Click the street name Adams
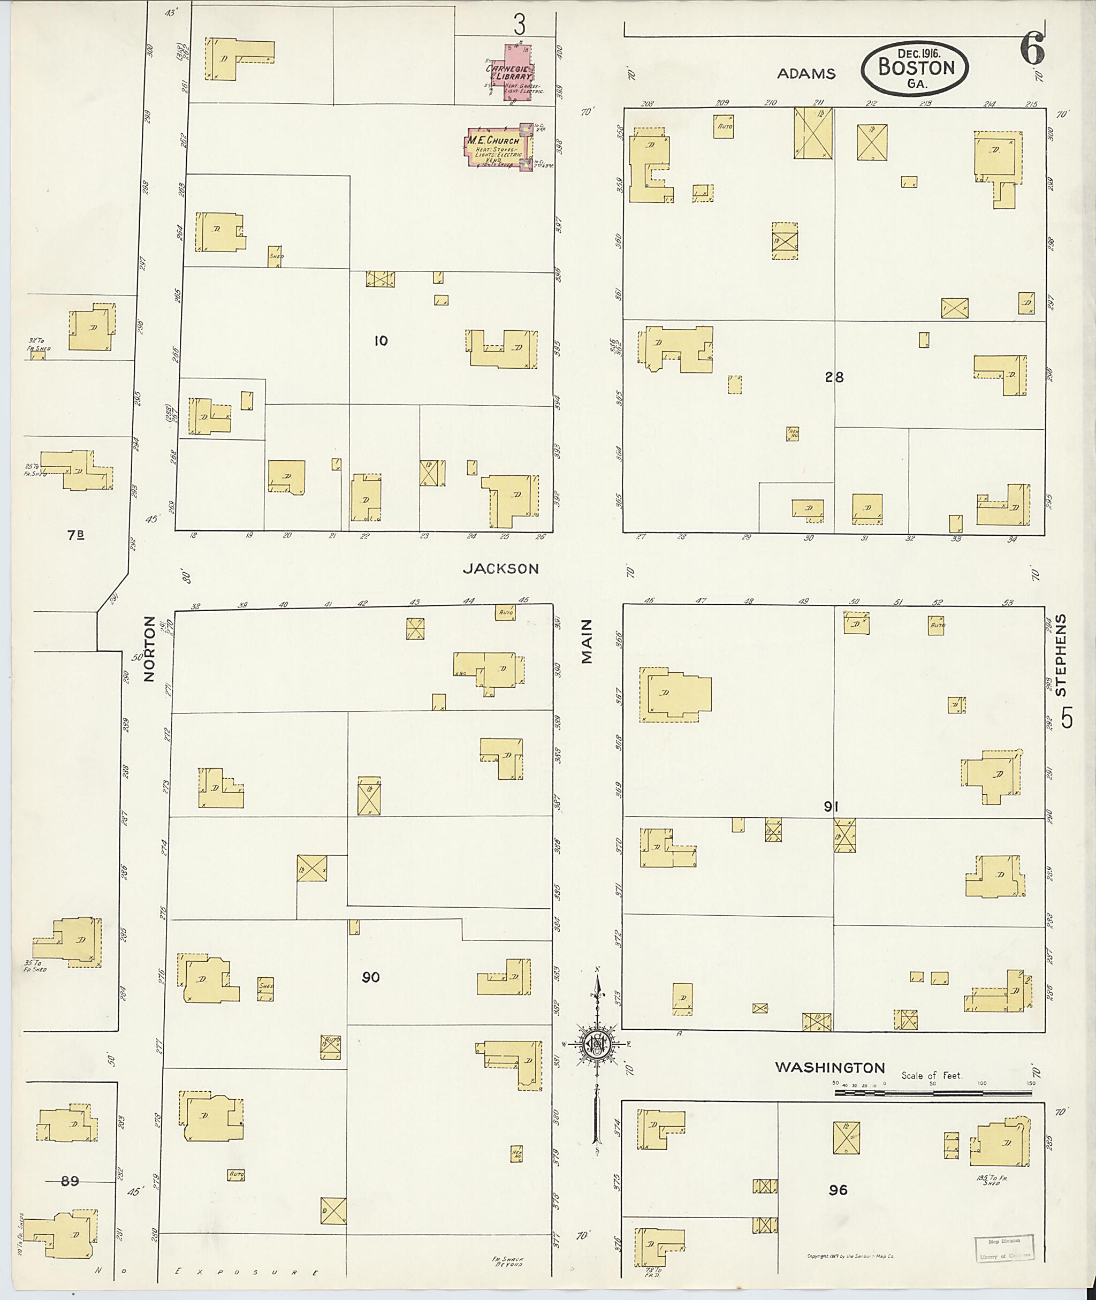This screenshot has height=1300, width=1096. click(806, 74)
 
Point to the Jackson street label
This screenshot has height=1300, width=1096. click(501, 568)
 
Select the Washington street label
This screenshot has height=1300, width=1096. click(829, 1067)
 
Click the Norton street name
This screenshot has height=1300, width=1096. click(148, 649)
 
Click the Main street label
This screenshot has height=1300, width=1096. click(587, 642)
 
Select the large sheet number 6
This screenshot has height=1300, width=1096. click(1031, 50)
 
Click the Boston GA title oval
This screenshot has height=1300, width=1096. click(915, 69)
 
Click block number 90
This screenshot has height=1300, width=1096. click(370, 977)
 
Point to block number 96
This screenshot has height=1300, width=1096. click(838, 1189)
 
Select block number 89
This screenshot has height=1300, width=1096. click(70, 1181)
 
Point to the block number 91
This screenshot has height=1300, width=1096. click(831, 807)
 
